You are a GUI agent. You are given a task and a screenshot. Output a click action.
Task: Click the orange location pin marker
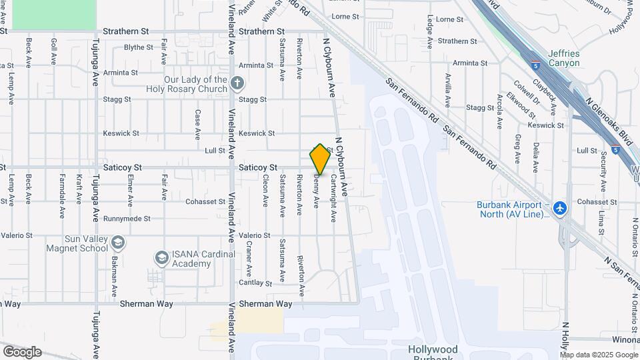click(x=320, y=159)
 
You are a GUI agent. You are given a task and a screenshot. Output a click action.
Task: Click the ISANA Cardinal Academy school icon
click(x=161, y=258)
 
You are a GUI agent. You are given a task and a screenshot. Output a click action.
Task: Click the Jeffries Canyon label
click(x=563, y=58)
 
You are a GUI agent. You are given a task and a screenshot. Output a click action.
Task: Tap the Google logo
click(x=22, y=352)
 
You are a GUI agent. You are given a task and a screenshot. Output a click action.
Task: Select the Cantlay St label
click(x=255, y=283)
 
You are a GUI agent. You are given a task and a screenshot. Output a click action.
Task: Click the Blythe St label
click(x=139, y=47)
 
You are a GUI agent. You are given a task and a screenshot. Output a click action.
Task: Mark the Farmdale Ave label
click(x=61, y=187)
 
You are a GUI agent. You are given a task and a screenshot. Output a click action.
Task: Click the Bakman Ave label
click(x=114, y=273)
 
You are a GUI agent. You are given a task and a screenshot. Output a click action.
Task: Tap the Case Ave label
click(x=197, y=125)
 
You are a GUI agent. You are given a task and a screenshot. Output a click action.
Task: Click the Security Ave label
click(x=603, y=171)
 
